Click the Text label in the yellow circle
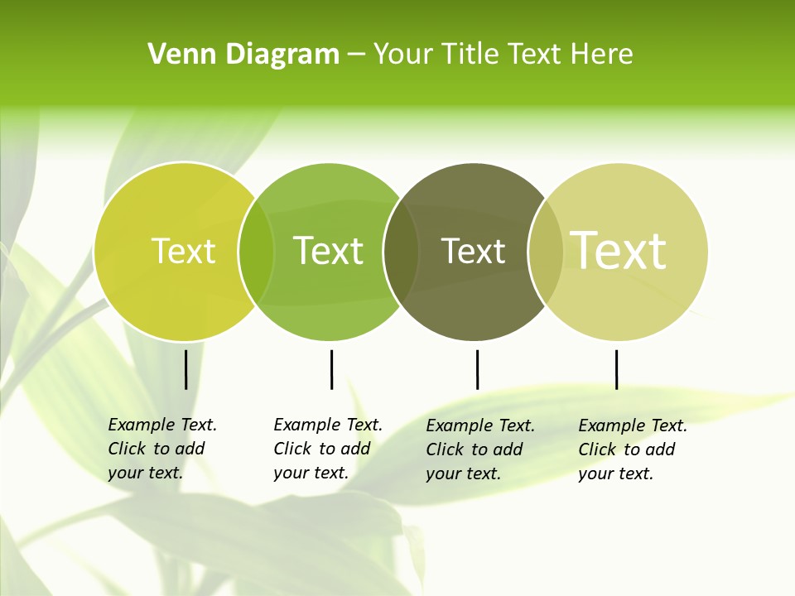tap(183, 251)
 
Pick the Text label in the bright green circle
tap(328, 251)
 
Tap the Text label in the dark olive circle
tap(473, 252)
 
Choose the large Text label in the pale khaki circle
tap(619, 250)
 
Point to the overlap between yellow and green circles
tap(256, 252)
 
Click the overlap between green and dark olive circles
tap(401, 252)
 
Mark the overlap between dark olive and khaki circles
tap(546, 252)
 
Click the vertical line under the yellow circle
tap(186, 369)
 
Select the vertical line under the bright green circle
tap(331, 369)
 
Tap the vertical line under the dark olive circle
tap(477, 369)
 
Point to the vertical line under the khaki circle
tap(616, 369)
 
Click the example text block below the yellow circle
tap(161, 449)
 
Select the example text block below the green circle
tap(327, 449)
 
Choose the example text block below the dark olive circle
tap(479, 449)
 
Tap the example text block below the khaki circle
tap(632, 449)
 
